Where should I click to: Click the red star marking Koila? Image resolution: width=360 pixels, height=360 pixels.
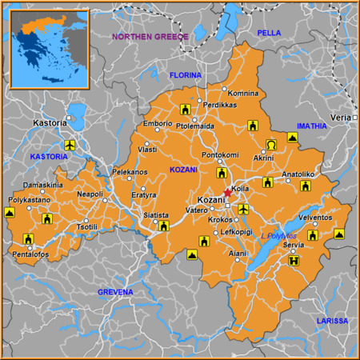tap(227, 193)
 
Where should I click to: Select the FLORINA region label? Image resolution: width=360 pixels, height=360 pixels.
tap(186, 75)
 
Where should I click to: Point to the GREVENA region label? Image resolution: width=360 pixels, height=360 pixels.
tap(115, 292)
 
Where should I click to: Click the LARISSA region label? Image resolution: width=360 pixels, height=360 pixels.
tap(331, 321)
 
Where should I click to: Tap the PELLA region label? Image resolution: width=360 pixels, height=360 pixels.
tap(269, 33)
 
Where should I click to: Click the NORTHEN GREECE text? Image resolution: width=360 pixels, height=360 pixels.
tap(150, 37)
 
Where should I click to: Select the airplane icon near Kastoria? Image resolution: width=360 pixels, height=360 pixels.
tap(69, 145)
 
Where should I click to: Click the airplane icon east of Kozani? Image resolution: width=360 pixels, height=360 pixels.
tap(243, 209)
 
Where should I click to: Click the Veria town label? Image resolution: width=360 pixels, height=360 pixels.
tap(340, 117)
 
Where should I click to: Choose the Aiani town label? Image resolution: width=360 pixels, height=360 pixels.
tap(238, 253)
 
